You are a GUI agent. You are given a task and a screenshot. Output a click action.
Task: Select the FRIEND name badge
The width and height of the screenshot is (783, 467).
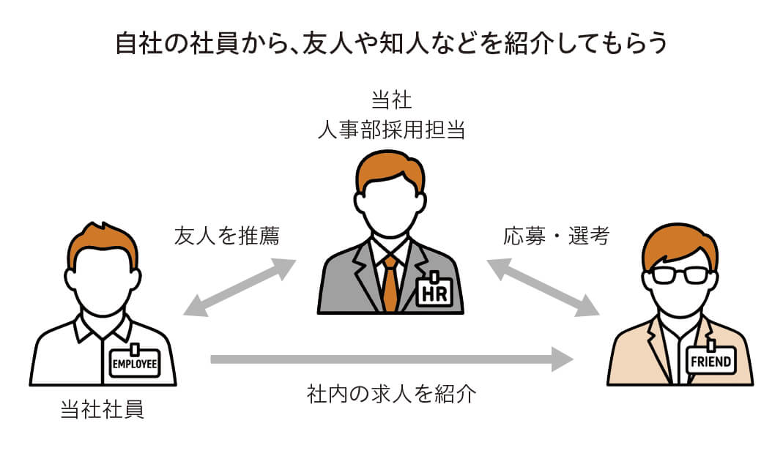710,360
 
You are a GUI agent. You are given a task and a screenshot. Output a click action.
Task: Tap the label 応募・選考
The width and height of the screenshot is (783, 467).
556,236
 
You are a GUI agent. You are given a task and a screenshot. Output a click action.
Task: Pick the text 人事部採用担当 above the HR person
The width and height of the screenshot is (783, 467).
391,130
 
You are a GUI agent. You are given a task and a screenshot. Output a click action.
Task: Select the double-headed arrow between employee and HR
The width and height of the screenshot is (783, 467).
239,287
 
